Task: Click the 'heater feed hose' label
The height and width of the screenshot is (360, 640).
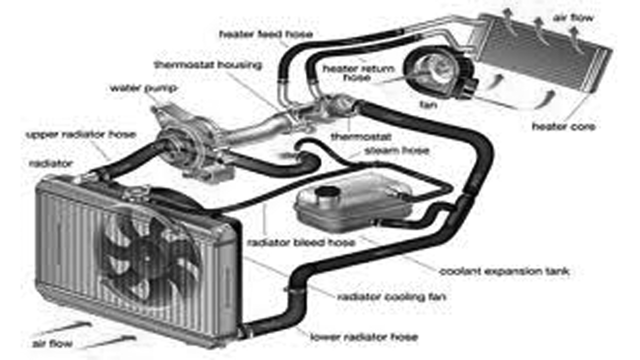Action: click(x=265, y=34)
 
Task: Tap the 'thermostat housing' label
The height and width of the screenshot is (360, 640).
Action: click(x=207, y=65)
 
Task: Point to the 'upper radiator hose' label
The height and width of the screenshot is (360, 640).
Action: click(x=80, y=135)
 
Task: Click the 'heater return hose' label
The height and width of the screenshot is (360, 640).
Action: click(x=358, y=72)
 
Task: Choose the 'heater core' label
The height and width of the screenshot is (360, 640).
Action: click(x=563, y=127)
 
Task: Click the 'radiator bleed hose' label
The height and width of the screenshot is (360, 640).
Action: click(x=300, y=242)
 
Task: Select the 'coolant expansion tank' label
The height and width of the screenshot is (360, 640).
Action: click(x=504, y=271)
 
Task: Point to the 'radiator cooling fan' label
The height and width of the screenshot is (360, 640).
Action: click(x=391, y=297)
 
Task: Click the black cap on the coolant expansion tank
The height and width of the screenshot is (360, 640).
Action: click(x=327, y=192)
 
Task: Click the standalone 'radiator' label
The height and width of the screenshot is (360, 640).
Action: click(x=51, y=163)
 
